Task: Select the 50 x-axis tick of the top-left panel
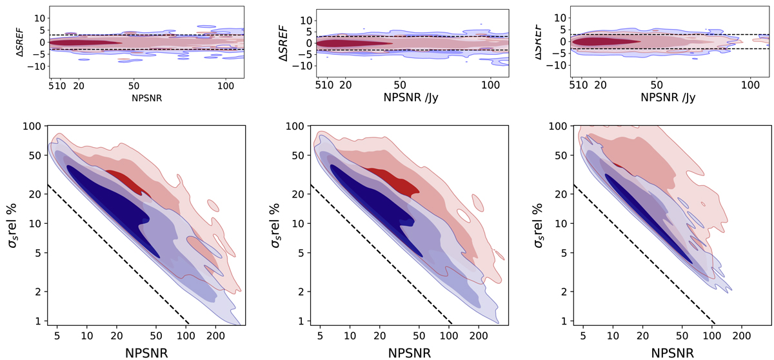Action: (x=134, y=85)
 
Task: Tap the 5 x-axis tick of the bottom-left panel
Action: (x=57, y=336)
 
